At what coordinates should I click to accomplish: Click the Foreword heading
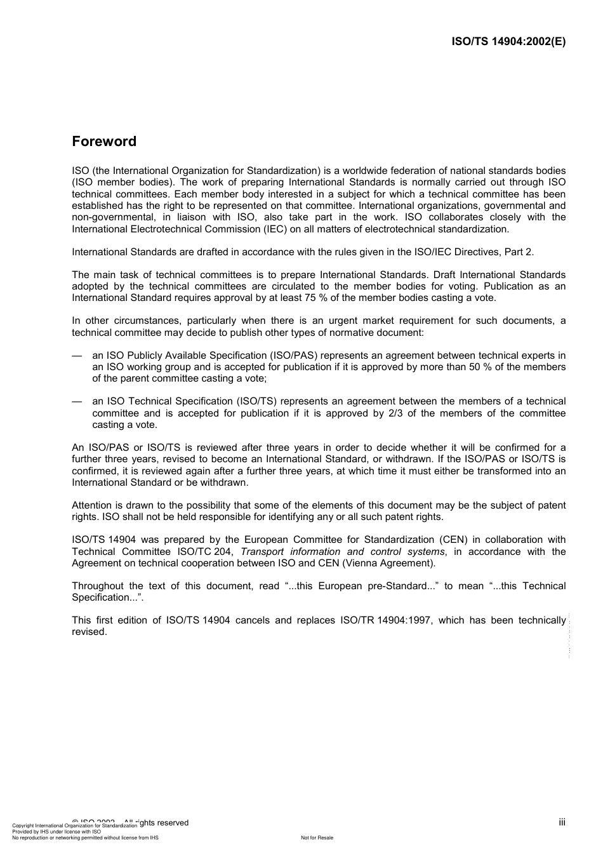(104, 142)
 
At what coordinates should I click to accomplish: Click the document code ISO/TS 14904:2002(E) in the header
(508, 42)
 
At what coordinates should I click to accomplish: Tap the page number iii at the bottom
(562, 822)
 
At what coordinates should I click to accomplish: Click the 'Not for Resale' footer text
(317, 837)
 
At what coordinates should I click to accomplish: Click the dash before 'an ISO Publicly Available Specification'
(77, 356)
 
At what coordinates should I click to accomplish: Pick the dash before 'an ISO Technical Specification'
(77, 401)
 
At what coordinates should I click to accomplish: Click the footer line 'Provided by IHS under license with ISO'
(56, 831)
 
